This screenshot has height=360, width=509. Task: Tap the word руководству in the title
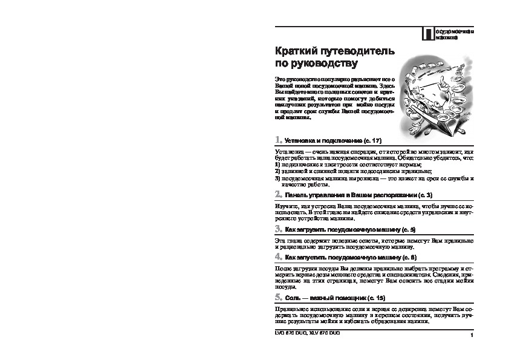(328, 63)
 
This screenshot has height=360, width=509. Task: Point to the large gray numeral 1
(277, 140)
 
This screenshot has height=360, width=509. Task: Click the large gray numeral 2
(277, 195)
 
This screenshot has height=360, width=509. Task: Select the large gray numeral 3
(277, 229)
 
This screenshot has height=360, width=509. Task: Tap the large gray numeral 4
(277, 257)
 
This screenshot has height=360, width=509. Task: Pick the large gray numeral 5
(277, 298)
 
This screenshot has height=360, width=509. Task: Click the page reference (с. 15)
(375, 298)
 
